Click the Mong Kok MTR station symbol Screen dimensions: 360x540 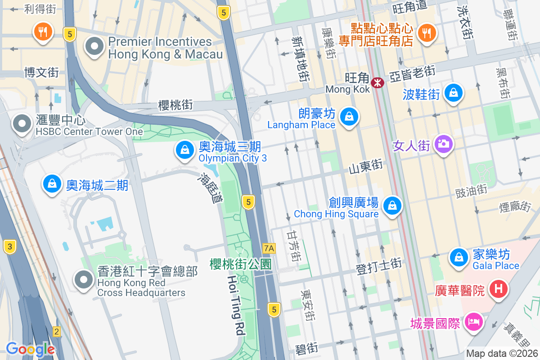[377, 82]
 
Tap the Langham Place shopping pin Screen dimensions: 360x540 [349, 117]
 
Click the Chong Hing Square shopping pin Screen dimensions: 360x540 [392, 206]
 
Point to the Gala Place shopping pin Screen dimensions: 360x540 [458, 257]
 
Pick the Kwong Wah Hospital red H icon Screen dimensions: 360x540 [498, 288]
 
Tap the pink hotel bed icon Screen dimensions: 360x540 [473, 322]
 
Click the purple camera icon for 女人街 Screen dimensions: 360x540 [443, 144]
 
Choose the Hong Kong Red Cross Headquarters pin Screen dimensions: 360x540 [83, 279]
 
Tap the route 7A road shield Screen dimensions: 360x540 [269, 248]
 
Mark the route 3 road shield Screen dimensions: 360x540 [9, 246]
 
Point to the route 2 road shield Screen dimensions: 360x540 [56, 332]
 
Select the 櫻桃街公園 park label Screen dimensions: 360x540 [241, 264]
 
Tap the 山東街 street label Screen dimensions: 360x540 [366, 166]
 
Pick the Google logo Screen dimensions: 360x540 [30, 349]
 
